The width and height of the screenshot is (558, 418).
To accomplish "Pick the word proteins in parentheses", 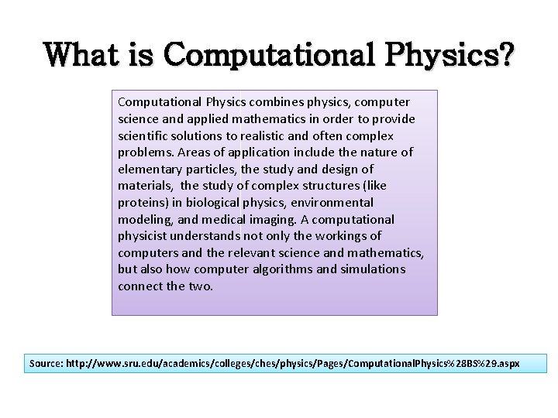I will (139, 203).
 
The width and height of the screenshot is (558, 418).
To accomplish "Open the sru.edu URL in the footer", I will (294, 363).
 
